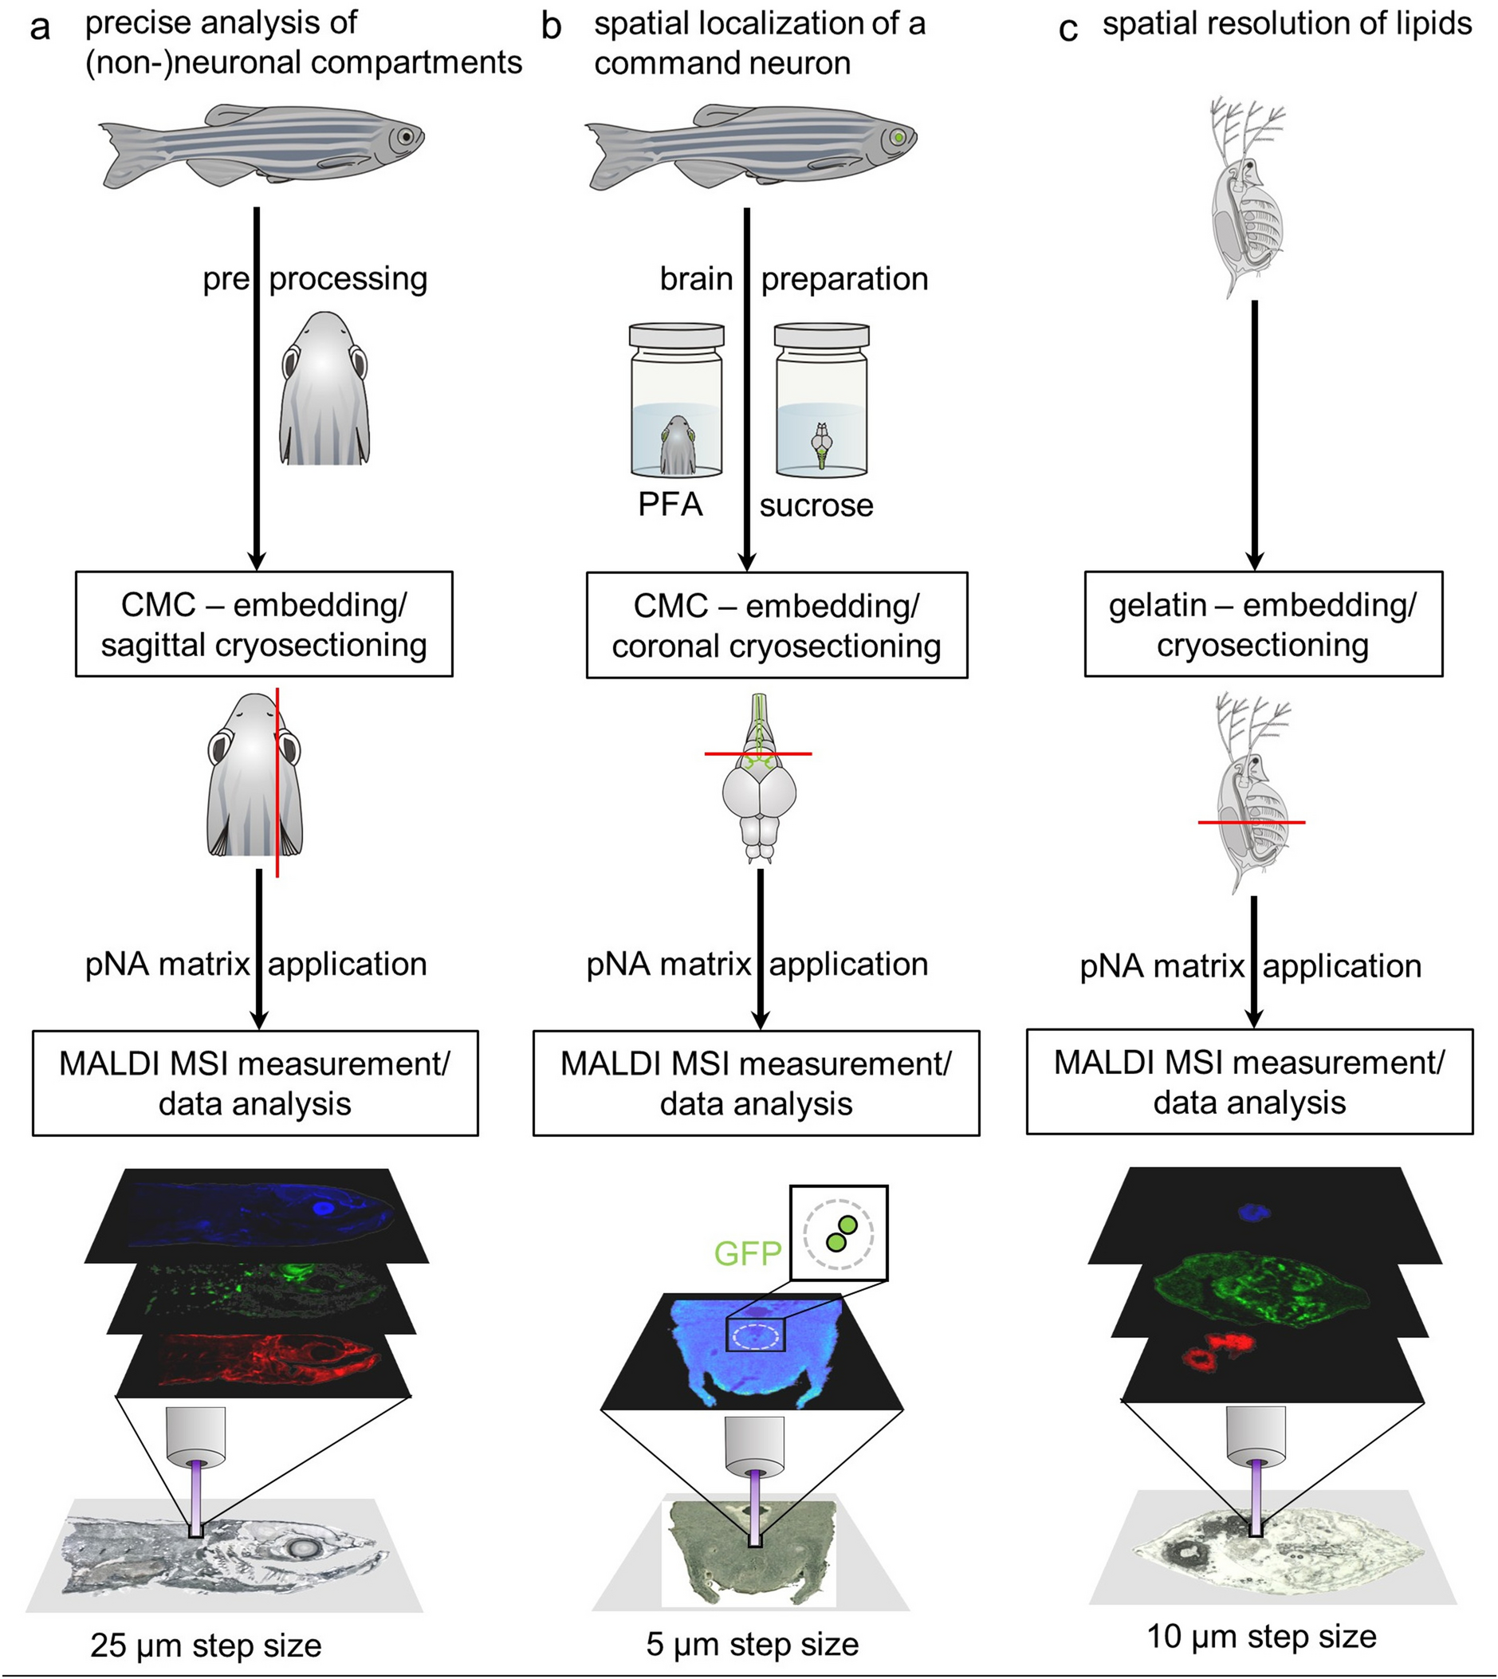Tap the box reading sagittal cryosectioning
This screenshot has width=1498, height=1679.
pos(263,625)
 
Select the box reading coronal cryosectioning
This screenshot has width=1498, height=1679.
pos(777,626)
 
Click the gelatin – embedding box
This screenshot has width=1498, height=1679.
pos(1263,625)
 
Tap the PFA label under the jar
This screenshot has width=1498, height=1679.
pos(670,504)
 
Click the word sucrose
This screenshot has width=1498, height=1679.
pos(816,505)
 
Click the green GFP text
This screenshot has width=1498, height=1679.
pos(747,1253)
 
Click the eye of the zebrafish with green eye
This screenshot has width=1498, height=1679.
pos(898,137)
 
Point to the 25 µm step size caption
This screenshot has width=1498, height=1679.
pos(206,1646)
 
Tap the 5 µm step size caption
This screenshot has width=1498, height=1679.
pos(753,1644)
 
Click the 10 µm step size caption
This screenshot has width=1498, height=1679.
pos(1261,1636)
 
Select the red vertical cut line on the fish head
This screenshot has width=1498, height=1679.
pos(277,782)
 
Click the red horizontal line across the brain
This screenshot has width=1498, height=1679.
pos(758,753)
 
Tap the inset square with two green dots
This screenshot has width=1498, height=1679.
pos(838,1233)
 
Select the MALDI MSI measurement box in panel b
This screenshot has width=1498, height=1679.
pos(756,1083)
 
